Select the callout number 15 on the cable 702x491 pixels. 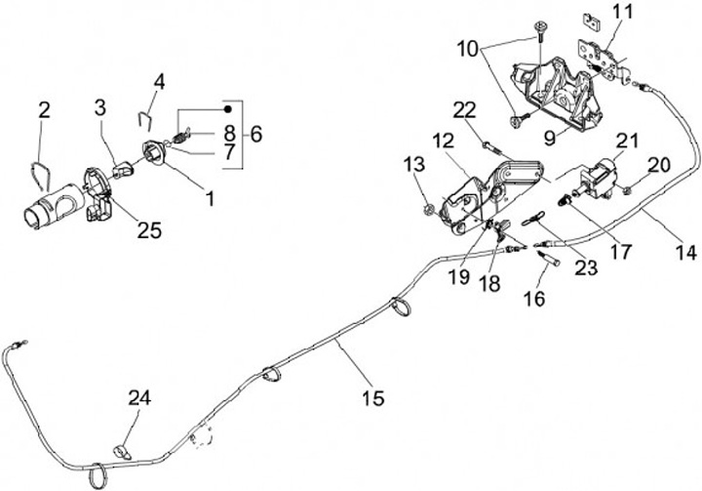371,398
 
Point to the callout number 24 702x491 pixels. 139,397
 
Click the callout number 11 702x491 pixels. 622,14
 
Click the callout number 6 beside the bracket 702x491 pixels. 256,134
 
